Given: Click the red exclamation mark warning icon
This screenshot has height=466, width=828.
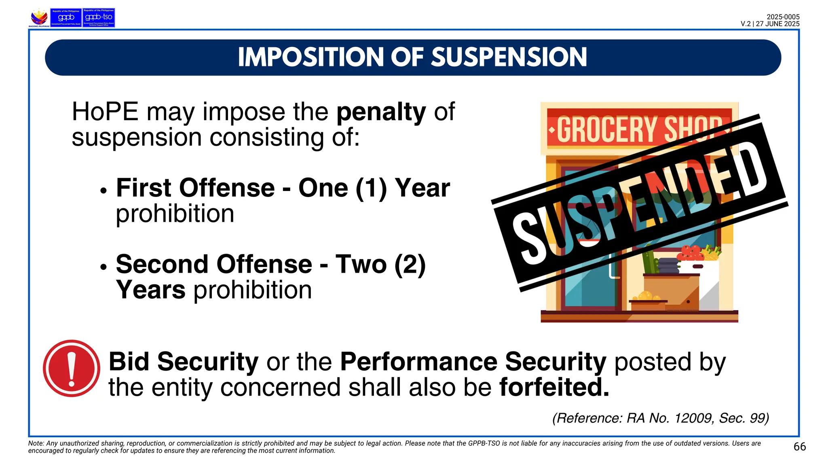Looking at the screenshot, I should (x=72, y=369).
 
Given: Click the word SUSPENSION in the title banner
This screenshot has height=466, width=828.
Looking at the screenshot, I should (x=509, y=57).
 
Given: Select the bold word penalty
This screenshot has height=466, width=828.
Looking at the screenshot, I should (x=381, y=112).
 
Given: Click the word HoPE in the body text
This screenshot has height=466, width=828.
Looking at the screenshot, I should (x=105, y=112).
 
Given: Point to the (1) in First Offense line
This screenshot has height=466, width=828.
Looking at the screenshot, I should (x=371, y=188).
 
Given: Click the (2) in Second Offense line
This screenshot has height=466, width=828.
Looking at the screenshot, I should (x=410, y=265).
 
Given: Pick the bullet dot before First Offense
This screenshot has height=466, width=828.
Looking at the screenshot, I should (x=103, y=191).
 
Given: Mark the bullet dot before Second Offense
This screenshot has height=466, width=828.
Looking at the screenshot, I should (x=103, y=267).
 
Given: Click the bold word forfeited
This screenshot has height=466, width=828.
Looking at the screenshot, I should (x=554, y=388).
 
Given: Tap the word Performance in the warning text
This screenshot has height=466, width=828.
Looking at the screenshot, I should (x=418, y=362).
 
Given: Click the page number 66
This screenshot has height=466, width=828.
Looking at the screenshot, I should (x=799, y=447).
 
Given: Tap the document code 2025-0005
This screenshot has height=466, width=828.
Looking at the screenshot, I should (x=783, y=17).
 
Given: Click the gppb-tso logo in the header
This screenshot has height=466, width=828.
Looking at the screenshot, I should (x=99, y=18).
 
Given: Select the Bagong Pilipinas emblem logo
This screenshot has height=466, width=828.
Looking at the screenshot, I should (x=39, y=18).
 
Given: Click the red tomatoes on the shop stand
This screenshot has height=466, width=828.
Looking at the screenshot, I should (x=691, y=253).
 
